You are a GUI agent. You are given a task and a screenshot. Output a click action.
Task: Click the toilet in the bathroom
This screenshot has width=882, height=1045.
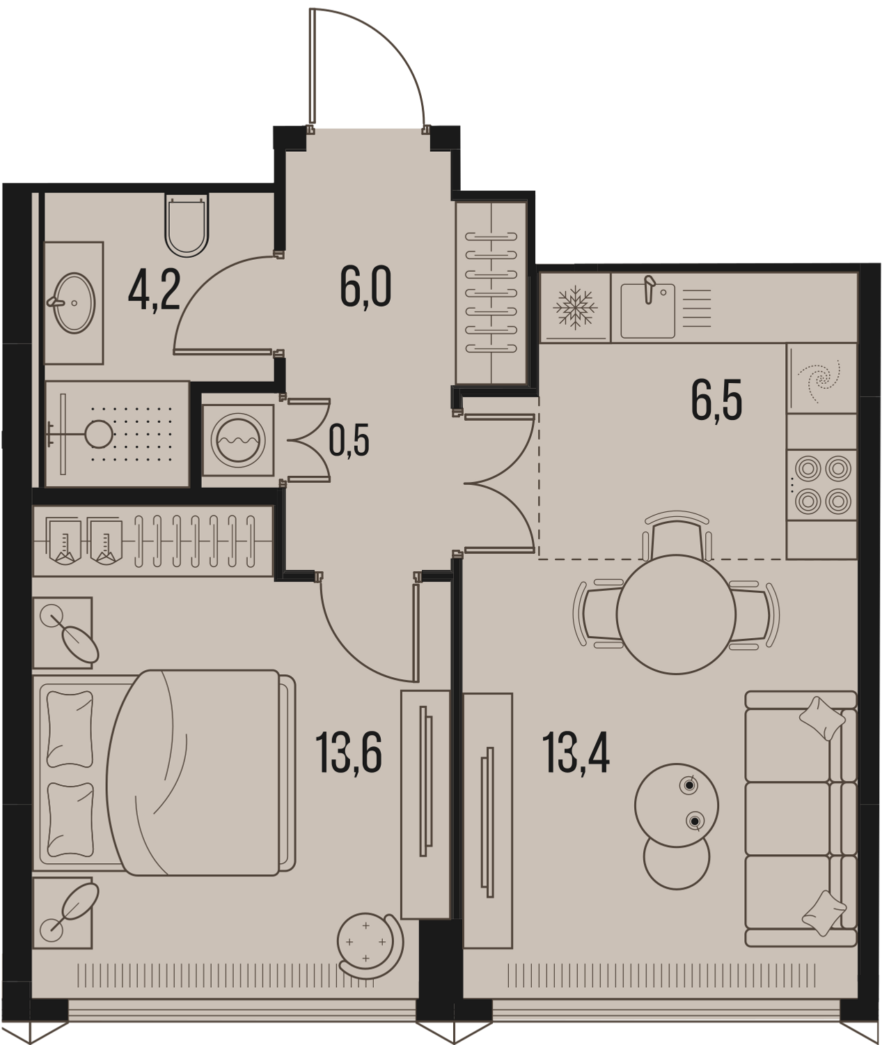tap(186, 226)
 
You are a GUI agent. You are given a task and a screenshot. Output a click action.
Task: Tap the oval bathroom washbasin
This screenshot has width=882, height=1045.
tap(74, 303)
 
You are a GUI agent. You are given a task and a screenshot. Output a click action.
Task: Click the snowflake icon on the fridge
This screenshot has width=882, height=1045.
tap(576, 307)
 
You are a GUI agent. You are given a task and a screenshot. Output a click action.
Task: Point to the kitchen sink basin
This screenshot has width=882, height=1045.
tap(647, 311)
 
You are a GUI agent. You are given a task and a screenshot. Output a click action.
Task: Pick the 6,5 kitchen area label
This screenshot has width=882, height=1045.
tap(716, 401)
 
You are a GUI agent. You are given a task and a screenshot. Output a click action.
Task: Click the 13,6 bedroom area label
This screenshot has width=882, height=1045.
tap(349, 754)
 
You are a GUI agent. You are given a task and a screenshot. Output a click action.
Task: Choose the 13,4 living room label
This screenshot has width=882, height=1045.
tap(576, 753)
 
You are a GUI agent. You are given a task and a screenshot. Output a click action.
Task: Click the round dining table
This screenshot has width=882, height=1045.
tap(676, 614)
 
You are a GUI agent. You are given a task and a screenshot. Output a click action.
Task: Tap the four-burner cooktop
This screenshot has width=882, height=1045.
tap(823, 484)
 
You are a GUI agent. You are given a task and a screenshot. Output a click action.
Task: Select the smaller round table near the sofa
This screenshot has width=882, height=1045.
tap(676, 856)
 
